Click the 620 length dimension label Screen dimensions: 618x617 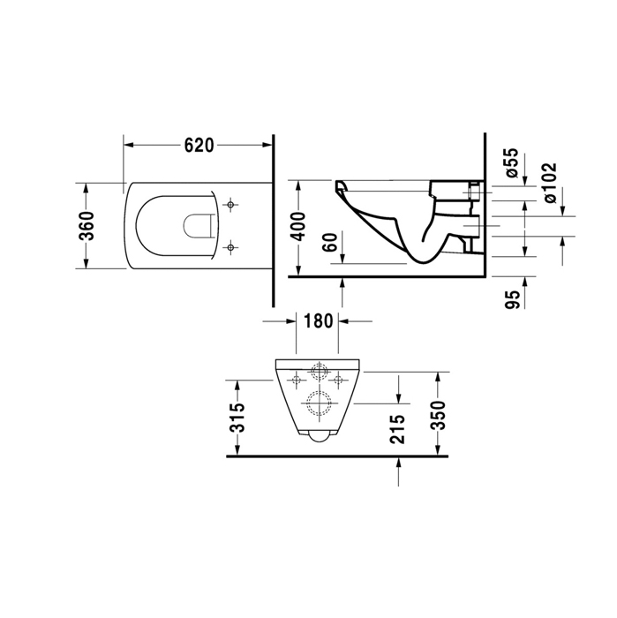click(x=199, y=146)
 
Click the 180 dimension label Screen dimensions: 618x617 click(x=318, y=320)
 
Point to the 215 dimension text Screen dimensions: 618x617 click(x=397, y=429)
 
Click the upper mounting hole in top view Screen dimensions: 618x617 click(x=231, y=206)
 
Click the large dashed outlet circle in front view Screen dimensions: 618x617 click(x=318, y=404)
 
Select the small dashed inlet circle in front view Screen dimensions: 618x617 click(x=318, y=371)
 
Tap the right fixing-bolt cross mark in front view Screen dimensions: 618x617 click(x=338, y=379)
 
